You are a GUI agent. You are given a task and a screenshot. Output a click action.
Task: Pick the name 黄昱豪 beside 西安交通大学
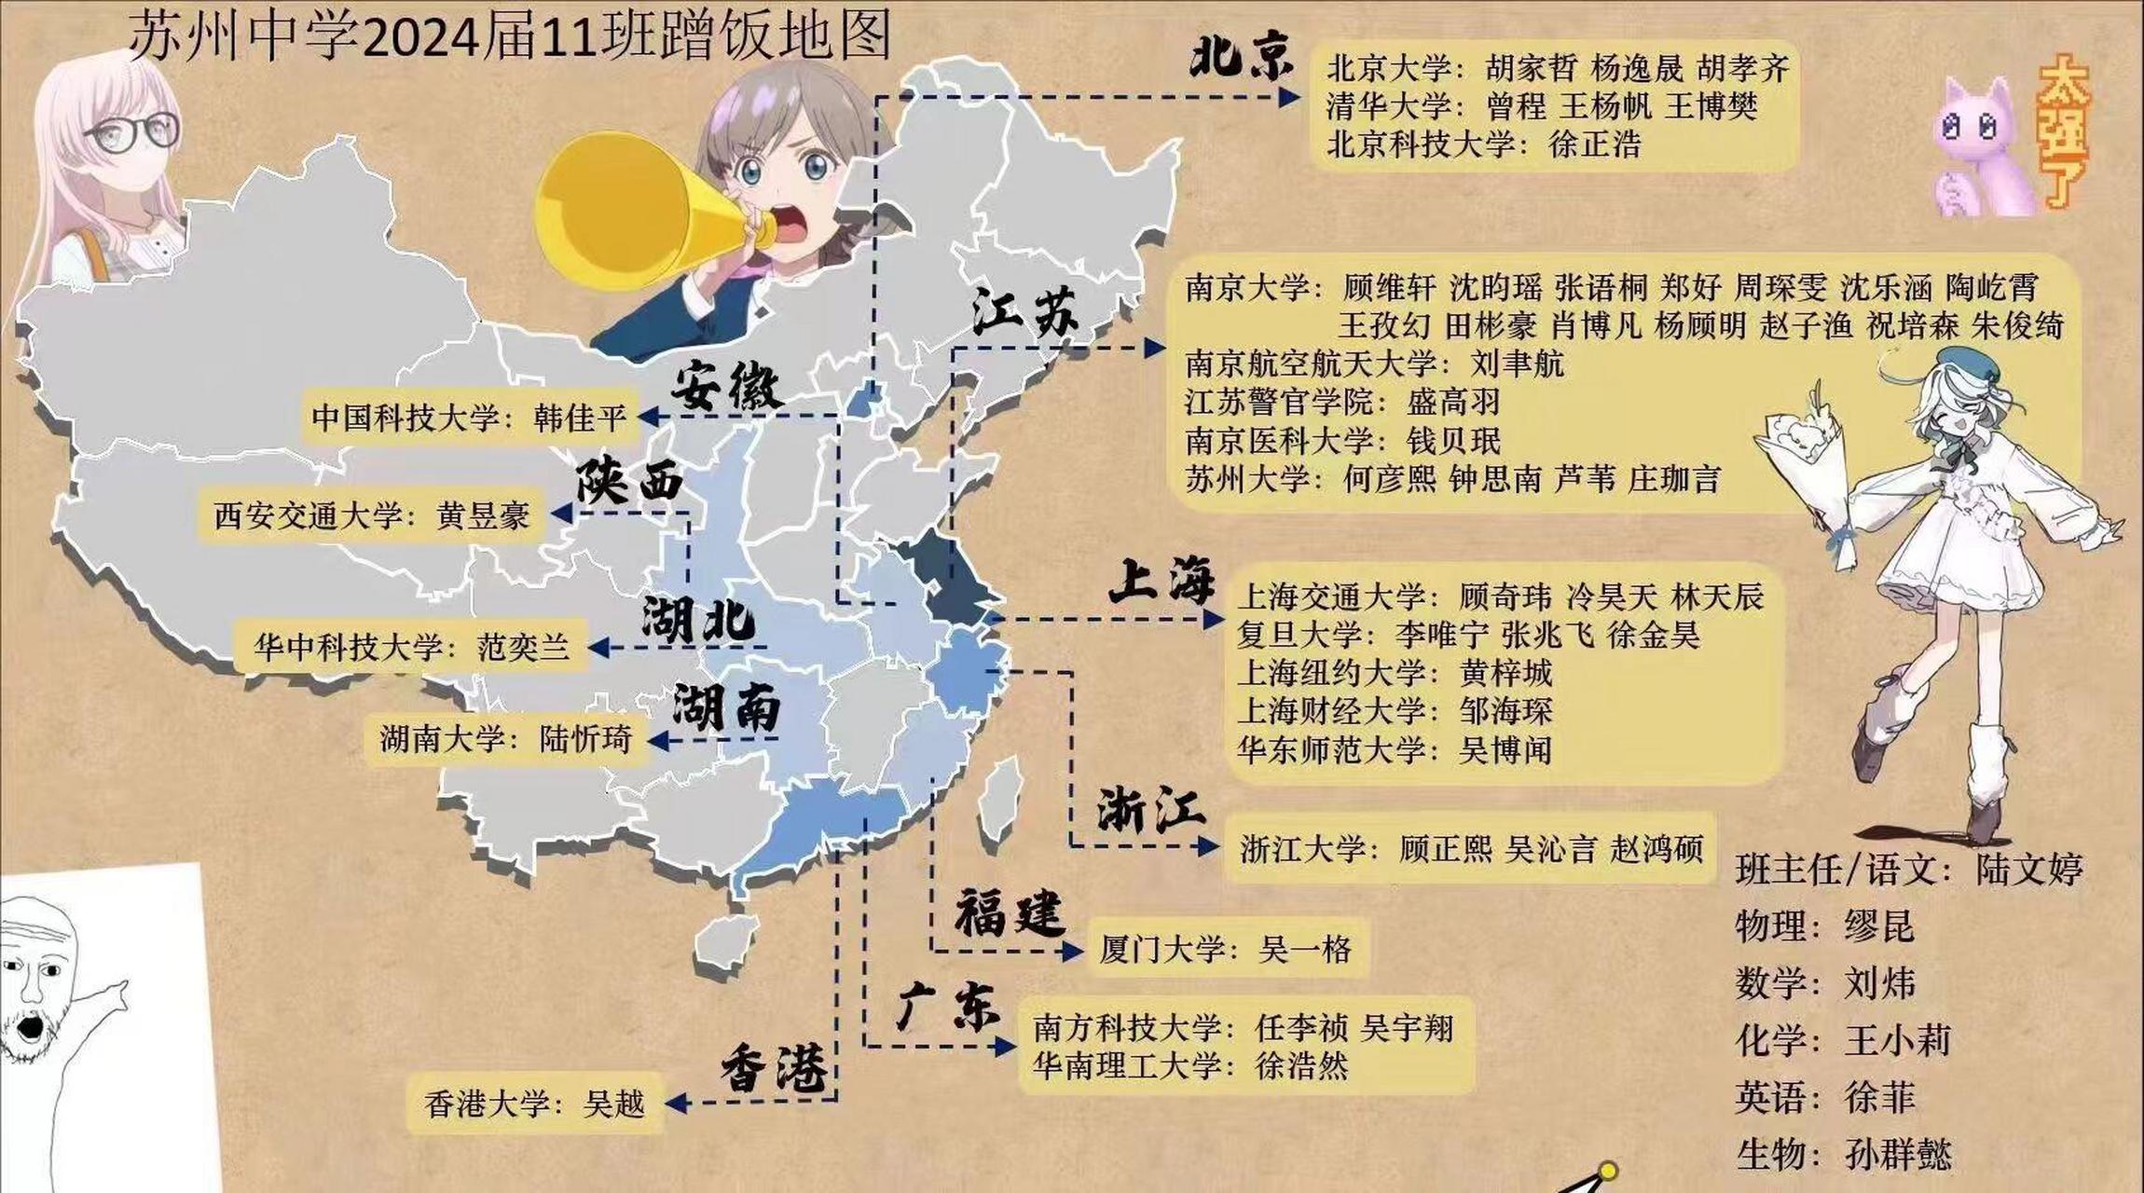coord(483,515)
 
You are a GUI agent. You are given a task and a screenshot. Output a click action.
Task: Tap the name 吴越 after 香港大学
coord(613,1104)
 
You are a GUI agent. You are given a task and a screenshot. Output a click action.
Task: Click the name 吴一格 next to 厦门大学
coord(1304,950)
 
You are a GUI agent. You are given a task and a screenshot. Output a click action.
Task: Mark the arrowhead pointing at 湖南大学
coord(658,741)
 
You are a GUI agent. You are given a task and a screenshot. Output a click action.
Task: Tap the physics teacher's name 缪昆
coord(1878,927)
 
